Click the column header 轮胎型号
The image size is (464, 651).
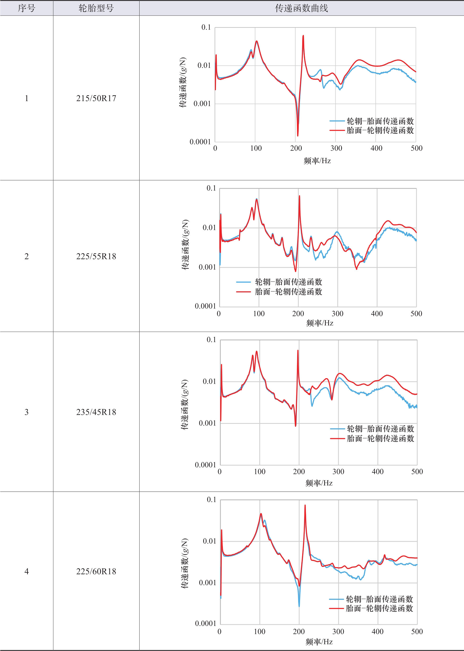tap(96, 8)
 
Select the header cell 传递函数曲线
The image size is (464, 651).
tap(301, 8)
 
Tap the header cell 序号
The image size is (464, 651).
tap(26, 8)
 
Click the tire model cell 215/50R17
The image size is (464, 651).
tap(96, 98)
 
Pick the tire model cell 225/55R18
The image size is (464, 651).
tap(96, 256)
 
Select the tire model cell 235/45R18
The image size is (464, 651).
tap(96, 412)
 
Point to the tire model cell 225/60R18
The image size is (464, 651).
tap(96, 571)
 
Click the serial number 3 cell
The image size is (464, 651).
tap(26, 412)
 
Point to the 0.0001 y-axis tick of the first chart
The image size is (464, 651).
tap(200, 142)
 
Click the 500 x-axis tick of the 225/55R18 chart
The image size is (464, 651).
tap(416, 313)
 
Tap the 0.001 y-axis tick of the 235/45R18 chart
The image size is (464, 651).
tap(207, 423)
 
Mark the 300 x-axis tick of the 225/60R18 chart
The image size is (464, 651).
tap(338, 631)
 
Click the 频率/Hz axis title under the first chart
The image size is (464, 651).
tap(317, 161)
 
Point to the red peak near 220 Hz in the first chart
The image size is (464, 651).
tap(303, 36)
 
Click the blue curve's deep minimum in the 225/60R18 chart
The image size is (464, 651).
tap(299, 606)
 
